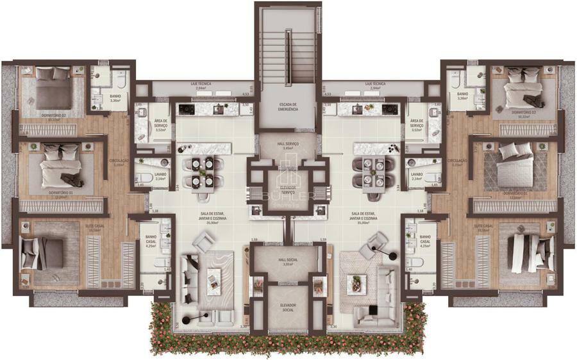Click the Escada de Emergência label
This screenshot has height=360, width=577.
pos(288,106)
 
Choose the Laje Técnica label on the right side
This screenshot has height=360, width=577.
pos(375,84)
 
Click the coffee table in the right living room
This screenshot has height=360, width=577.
pos(356,284)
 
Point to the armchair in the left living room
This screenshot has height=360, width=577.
pos(205,243)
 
